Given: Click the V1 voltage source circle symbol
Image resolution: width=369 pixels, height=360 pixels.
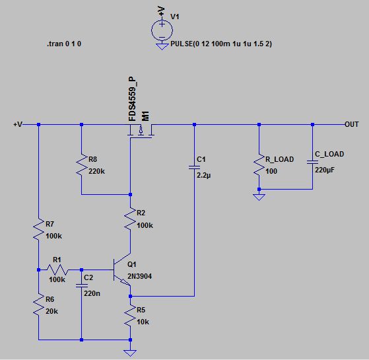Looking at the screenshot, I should coord(162,30).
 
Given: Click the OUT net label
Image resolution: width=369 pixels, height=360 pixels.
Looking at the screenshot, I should coord(352,124).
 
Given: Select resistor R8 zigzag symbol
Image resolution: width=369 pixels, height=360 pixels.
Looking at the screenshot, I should coord(81,165).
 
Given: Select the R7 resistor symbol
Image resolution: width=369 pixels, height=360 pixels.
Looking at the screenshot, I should coord(39,229).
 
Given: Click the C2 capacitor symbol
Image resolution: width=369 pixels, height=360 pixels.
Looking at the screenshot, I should coord(81,285).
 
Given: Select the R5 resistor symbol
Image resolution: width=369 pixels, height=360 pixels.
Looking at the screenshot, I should coord(130,316).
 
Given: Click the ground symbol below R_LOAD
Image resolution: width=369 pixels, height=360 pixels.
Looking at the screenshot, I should coord(259,196).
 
